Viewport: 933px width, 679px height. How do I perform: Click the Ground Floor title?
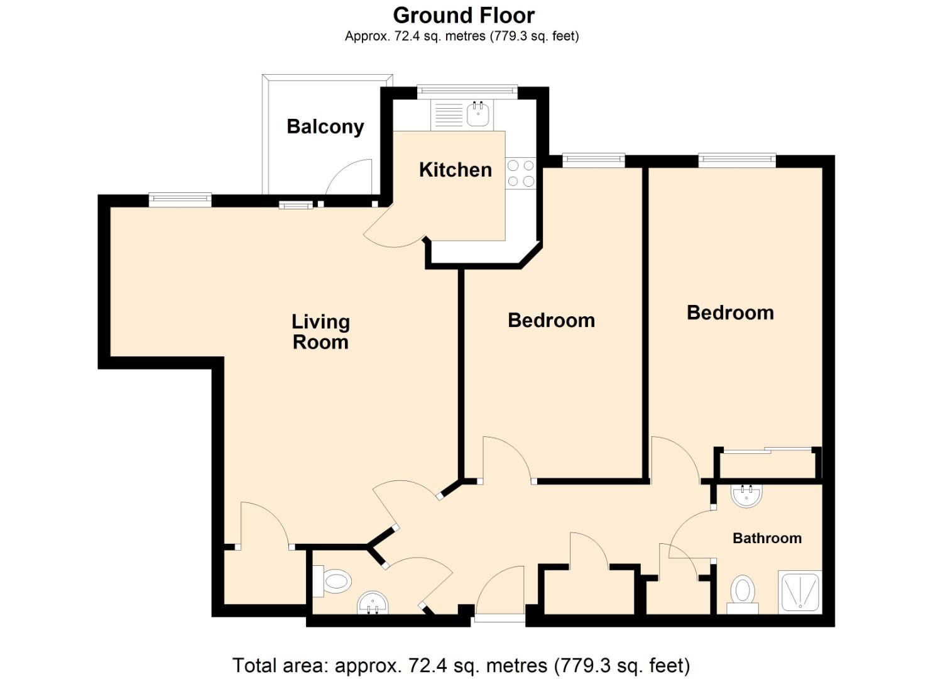point(464,15)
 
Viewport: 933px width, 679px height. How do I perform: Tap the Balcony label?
point(325,126)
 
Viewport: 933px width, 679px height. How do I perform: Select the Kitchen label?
point(455,170)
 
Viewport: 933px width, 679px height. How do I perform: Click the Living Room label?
point(320,332)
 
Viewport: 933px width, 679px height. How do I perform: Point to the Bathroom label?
point(767,538)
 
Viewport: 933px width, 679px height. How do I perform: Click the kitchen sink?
point(478,115)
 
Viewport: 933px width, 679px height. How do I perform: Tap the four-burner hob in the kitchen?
point(520,174)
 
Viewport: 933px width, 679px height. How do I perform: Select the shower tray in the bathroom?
point(800,592)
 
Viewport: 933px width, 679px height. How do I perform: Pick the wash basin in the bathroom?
point(746,495)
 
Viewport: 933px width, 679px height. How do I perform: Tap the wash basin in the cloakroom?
point(373,604)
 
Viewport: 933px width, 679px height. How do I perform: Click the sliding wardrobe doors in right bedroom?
point(767,450)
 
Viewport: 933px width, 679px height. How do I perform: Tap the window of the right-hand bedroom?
point(736,160)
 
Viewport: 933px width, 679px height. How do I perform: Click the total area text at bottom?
point(461,665)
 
